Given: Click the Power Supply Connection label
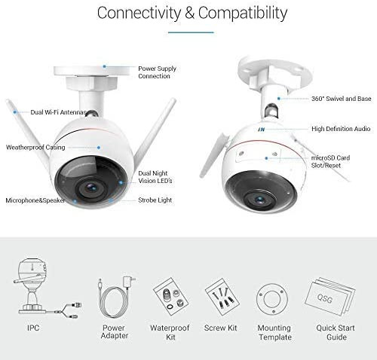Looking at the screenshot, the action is (157, 72).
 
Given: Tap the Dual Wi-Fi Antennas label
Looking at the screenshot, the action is (59, 112).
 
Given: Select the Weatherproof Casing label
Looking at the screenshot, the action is (35, 148).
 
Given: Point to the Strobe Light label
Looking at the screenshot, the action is (155, 200).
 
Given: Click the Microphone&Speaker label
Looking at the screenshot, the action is (35, 200).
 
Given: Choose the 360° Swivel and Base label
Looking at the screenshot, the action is (342, 99).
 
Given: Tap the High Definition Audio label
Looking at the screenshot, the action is (341, 129).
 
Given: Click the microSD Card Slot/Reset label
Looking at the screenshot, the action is (330, 161).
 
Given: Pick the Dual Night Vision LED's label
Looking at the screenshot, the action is (155, 177).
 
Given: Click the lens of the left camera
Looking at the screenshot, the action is (91, 188).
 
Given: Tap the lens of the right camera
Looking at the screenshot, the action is (259, 200).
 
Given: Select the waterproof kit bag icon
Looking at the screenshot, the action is (170, 296).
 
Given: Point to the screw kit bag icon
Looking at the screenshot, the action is (222, 296).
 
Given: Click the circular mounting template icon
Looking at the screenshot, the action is (272, 299).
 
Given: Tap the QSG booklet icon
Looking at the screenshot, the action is (329, 296).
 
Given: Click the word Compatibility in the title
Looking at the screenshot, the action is (243, 14).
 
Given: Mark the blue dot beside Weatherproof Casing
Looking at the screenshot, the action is (99, 148).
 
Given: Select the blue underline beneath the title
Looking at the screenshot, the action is (191, 32).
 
